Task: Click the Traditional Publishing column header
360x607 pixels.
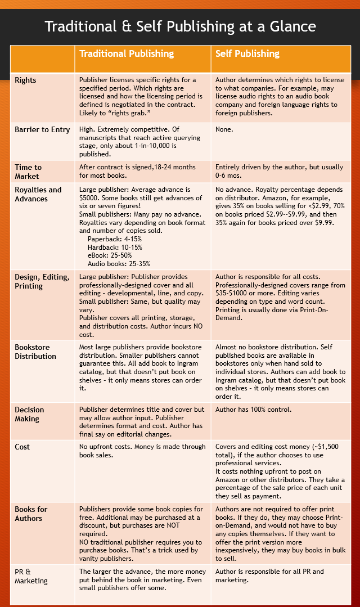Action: click(x=127, y=54)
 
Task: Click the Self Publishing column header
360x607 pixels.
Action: click(x=247, y=54)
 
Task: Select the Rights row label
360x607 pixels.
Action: click(x=25, y=80)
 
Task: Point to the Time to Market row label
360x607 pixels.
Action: click(x=28, y=171)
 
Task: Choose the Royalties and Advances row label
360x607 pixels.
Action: click(x=38, y=194)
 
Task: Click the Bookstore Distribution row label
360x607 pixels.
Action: click(x=35, y=352)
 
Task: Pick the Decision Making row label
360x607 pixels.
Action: click(x=29, y=414)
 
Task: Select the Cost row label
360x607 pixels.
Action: click(x=22, y=447)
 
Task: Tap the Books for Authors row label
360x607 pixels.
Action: click(x=31, y=514)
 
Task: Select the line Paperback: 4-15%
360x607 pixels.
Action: click(x=115, y=239)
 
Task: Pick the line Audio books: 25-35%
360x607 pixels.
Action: click(x=119, y=263)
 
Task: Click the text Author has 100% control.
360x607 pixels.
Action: click(x=254, y=410)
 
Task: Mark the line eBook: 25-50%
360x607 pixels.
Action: click(x=111, y=255)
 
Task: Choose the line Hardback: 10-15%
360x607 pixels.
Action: click(x=115, y=247)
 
